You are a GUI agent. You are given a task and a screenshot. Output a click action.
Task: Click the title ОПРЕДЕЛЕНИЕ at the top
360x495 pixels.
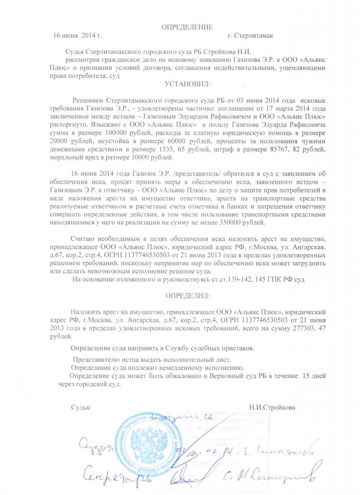(187, 26)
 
